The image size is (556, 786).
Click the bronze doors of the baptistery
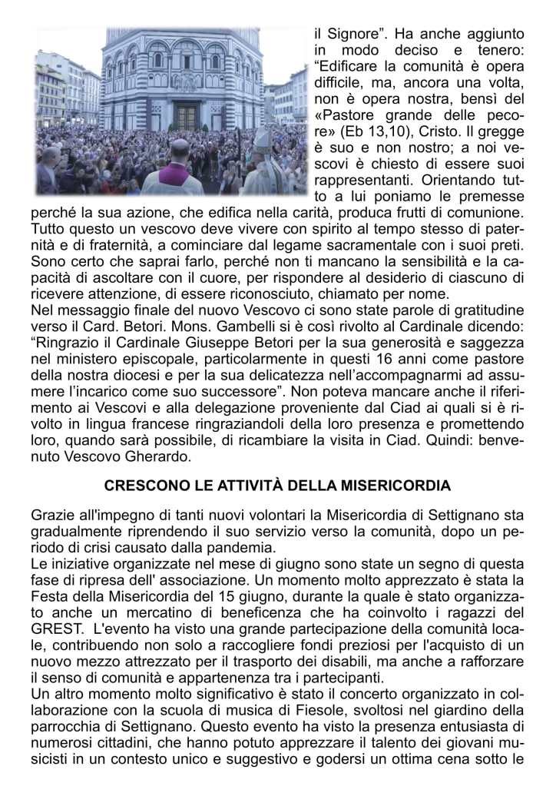pyautogui.click(x=187, y=116)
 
